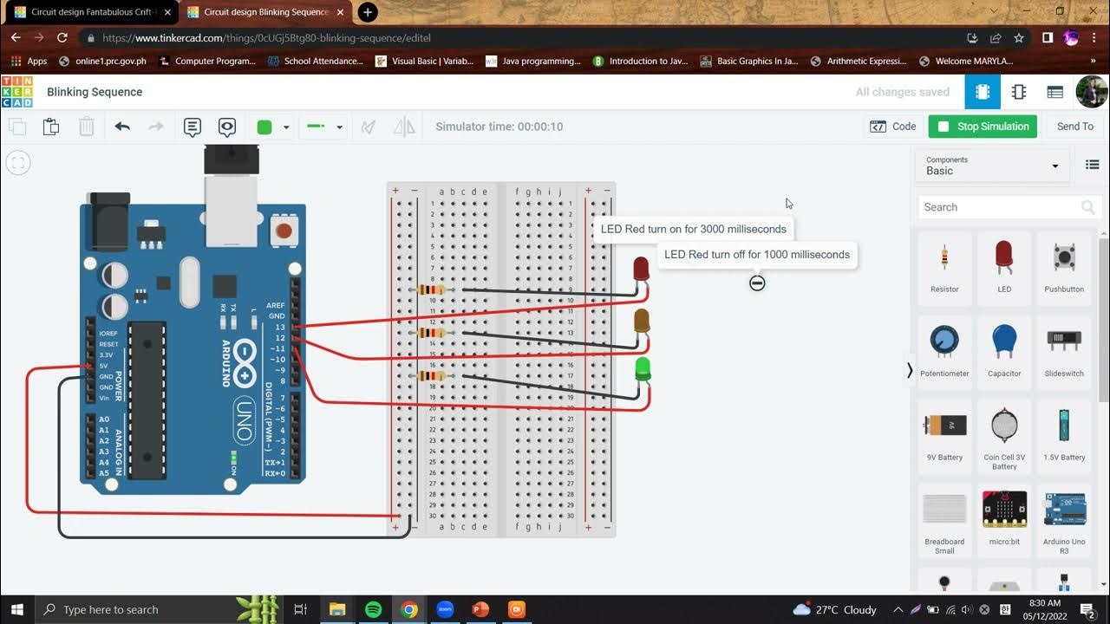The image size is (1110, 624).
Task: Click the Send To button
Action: (1074, 127)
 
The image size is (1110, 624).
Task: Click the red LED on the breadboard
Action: (641, 269)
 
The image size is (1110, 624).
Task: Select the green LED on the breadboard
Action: (643, 368)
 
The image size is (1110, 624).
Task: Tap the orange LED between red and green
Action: (642, 320)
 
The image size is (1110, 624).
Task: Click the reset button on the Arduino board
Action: (283, 231)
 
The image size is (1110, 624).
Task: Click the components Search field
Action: (997, 207)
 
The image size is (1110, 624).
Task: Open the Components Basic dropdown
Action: (992, 166)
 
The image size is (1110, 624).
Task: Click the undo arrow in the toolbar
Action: (122, 127)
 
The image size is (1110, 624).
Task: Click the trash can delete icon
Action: (87, 127)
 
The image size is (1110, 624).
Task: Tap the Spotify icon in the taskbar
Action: (374, 609)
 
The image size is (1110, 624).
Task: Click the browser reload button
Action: (62, 38)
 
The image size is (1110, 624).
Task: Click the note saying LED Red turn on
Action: (694, 229)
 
